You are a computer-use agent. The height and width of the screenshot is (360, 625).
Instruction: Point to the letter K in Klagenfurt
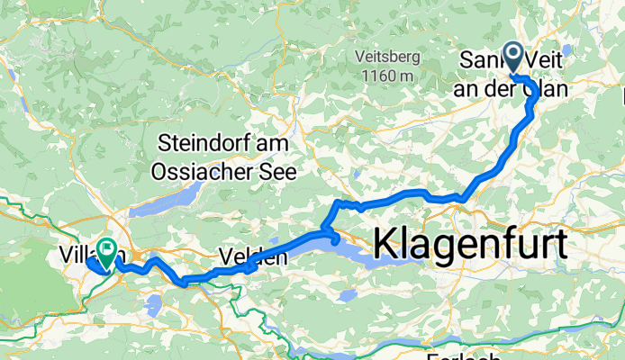pyautogui.click(x=385, y=243)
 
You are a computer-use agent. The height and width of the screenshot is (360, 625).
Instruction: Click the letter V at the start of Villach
pyautogui.click(x=65, y=254)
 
